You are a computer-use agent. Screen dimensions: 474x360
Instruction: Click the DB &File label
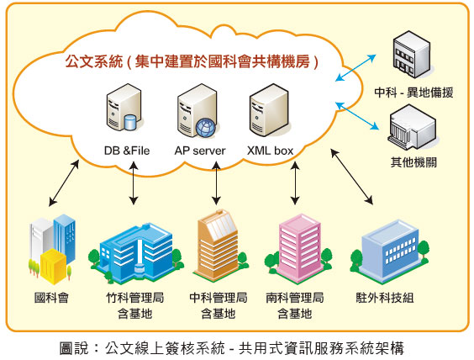click(x=127, y=151)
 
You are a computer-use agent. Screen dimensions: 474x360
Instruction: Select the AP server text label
click(x=200, y=151)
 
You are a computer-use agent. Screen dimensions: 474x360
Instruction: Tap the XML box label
click(x=271, y=151)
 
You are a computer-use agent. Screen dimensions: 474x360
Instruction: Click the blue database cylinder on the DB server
click(x=130, y=122)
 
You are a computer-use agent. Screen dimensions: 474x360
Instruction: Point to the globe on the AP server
click(x=206, y=127)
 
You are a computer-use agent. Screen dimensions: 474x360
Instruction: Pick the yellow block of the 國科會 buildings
click(x=54, y=266)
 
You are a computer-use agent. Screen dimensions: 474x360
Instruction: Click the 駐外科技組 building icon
click(x=390, y=251)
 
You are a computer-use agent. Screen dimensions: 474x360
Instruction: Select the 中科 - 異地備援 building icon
click(x=412, y=55)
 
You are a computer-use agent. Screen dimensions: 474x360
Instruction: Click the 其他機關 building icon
click(x=413, y=127)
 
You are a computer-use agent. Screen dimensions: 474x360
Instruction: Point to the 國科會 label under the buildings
click(x=52, y=298)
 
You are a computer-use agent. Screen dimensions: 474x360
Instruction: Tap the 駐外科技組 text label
click(x=385, y=298)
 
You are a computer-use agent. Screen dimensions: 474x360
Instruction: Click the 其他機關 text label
click(x=413, y=162)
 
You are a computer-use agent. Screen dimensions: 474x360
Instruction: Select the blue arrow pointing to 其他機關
click(x=357, y=116)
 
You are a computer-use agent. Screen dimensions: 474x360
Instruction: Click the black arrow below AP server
click(x=216, y=183)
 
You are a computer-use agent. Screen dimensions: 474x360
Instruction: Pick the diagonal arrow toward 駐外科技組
click(x=351, y=177)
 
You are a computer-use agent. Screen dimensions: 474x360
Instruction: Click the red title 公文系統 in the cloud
click(x=94, y=61)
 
